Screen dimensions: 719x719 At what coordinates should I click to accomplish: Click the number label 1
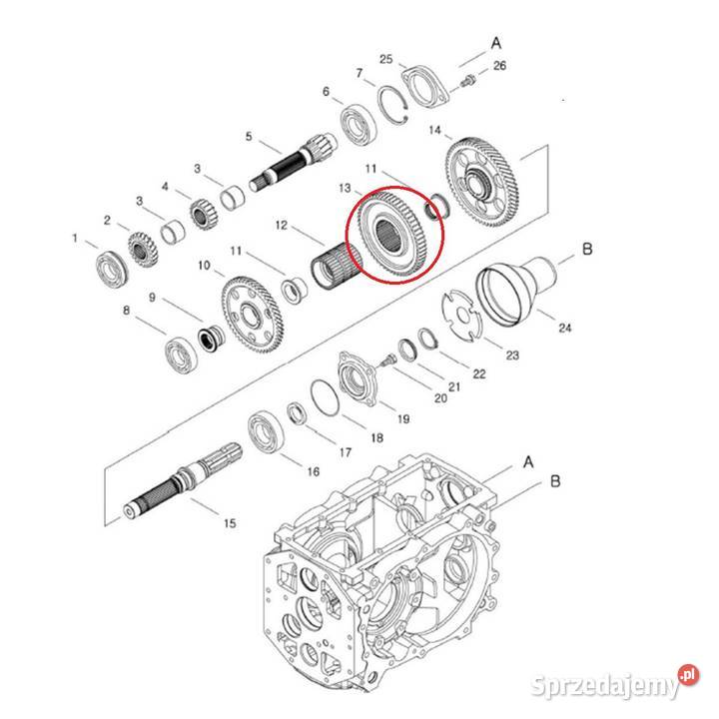[x=74, y=238]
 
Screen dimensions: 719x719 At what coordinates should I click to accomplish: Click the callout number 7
[x=359, y=73]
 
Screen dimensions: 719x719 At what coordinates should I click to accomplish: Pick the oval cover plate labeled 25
[x=422, y=85]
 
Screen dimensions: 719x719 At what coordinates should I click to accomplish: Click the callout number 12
[x=282, y=227]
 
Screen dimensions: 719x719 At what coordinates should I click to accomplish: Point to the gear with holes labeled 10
[x=251, y=313]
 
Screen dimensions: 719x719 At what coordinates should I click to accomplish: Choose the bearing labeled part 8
[x=182, y=353]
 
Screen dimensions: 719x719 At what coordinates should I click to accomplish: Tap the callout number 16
[x=314, y=471]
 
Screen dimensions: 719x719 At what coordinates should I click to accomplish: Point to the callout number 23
[x=512, y=354]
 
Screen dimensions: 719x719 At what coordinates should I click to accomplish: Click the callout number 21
[x=454, y=387]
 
